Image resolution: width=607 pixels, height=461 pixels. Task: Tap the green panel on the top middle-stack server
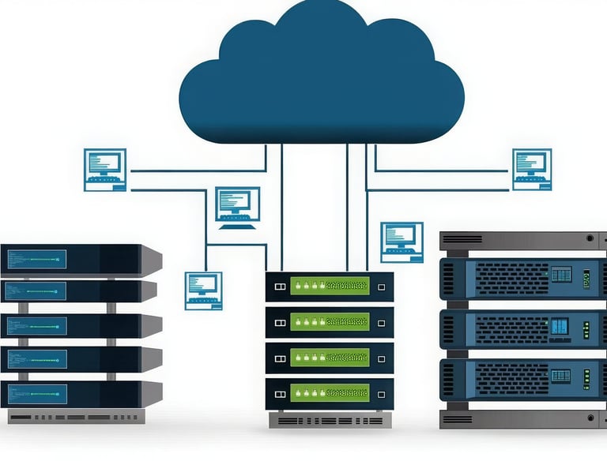pos(330,286)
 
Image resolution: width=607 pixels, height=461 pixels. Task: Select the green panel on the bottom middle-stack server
pos(330,392)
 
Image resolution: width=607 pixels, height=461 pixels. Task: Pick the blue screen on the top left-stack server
pos(36,259)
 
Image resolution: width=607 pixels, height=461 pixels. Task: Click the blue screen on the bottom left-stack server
pos(36,393)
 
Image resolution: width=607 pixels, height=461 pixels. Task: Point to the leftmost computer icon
pos(105,169)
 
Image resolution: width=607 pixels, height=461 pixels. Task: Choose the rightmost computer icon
pos(532,169)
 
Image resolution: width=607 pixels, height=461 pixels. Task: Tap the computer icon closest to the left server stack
pos(203,290)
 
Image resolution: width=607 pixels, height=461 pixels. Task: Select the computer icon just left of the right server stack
pos(402,242)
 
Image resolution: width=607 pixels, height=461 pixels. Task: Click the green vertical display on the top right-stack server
pos(586,279)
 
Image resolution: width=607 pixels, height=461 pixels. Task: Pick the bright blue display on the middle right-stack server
pos(560,325)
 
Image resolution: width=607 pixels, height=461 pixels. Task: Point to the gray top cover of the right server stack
pos(522,239)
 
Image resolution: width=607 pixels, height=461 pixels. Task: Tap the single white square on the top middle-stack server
pos(381,287)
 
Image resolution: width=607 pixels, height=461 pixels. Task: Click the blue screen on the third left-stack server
pos(36,325)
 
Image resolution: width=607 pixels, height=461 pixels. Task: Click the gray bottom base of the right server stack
pos(522,418)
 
